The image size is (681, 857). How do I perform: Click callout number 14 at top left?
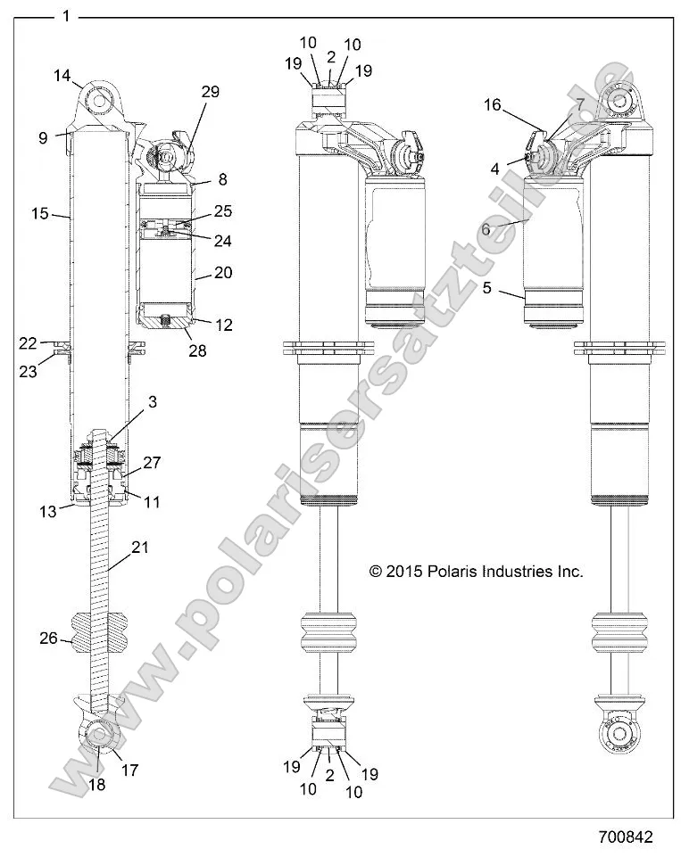[x=62, y=77]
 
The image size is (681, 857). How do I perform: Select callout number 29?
[x=211, y=92]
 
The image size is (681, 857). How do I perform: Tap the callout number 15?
[x=38, y=214]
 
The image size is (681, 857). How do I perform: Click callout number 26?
[x=49, y=638]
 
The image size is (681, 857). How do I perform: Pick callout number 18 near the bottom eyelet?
[x=96, y=785]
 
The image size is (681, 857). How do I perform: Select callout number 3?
[x=153, y=402]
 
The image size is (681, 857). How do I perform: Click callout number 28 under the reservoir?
[x=196, y=351]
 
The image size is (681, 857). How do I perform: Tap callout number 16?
[x=493, y=105]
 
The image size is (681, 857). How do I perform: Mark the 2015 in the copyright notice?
[x=406, y=572]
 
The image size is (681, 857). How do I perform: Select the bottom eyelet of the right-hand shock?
[x=620, y=732]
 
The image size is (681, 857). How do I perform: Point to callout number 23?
[x=29, y=372]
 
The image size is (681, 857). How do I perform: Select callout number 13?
[x=47, y=510]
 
